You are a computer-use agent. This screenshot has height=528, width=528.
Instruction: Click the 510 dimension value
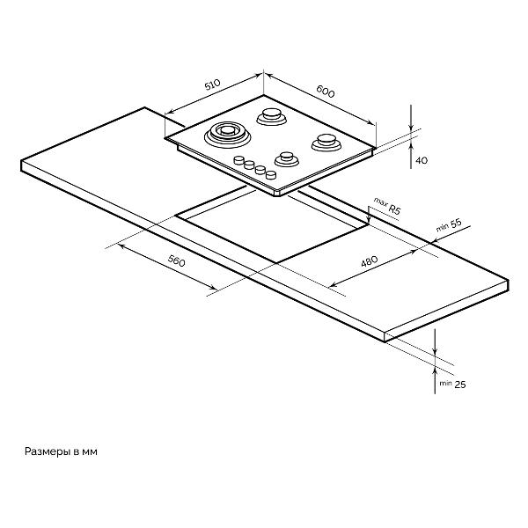212,84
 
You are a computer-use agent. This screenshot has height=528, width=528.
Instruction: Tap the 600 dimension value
326,91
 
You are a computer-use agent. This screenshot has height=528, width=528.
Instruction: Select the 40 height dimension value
422,160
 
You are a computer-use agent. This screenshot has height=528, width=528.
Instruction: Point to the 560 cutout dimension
177,261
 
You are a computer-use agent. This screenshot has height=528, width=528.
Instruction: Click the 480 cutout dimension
370,261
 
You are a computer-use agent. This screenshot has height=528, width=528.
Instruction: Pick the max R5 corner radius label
387,206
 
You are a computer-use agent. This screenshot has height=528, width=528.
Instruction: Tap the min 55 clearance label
449,225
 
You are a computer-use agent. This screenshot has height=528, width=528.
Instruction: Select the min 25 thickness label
452,384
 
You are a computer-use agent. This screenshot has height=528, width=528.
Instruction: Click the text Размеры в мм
61,452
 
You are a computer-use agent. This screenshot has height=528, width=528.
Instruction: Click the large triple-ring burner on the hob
228,135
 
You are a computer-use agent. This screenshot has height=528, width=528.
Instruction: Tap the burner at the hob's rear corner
271,116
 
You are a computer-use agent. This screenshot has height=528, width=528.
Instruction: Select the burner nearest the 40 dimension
326,142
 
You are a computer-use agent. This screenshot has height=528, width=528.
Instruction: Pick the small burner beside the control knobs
287,159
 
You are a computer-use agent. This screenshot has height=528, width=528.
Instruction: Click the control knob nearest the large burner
238,160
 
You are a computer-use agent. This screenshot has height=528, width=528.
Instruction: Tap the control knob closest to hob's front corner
271,175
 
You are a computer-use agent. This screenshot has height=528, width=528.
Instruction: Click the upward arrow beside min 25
435,380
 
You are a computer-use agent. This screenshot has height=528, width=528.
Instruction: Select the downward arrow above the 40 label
411,118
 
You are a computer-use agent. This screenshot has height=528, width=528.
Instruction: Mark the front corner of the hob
279,194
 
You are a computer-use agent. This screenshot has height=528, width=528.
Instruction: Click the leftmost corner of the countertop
21,161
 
